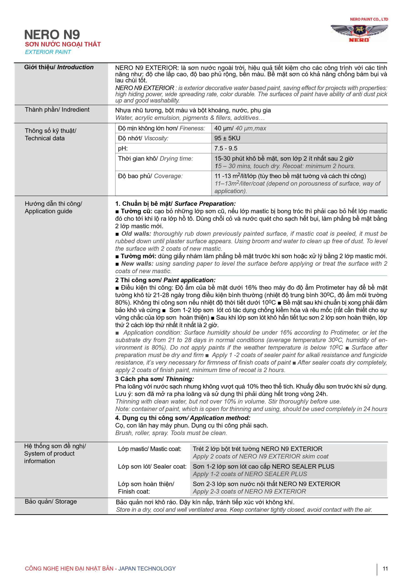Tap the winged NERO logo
point(359,33)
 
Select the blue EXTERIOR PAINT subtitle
point(48,52)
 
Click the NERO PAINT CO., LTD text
point(369,19)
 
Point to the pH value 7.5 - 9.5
point(226,148)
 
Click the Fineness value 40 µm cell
point(240,128)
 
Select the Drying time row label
point(155,159)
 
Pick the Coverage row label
point(150,176)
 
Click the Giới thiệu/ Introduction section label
point(59,67)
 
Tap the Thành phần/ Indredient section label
point(57,110)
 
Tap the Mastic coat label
point(150,449)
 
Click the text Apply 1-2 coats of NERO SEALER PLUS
point(250,474)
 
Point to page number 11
point(385,568)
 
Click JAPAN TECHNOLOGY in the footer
point(147,568)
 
